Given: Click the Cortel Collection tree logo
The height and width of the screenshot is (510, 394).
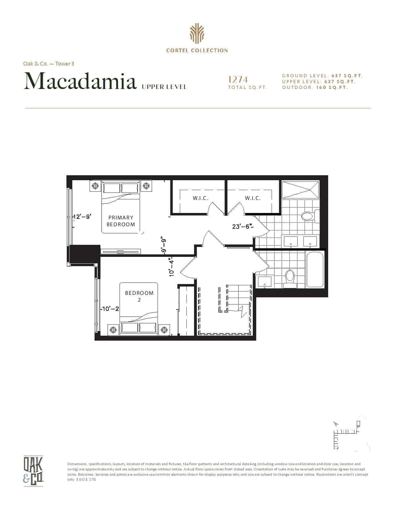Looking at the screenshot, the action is pos(197,34).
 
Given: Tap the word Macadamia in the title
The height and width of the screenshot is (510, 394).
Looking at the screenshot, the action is pos(80,81).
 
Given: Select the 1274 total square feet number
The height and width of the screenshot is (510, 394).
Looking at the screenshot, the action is pos(238,80).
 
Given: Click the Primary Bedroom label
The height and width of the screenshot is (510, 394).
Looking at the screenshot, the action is pos(121,221).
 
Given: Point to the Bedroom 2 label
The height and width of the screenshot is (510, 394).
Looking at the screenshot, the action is pos(139,296).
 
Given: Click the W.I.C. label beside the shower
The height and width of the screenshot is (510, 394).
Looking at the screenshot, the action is pos(253,198).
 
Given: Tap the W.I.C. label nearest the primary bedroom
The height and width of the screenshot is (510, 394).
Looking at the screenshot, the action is pos(201,198).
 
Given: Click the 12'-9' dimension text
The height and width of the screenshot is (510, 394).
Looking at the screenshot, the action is pos(82,216).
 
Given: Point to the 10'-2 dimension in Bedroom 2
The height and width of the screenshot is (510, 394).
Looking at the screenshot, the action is pos(110,309).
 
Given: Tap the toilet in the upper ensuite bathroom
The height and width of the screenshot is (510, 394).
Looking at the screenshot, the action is pos(310,216).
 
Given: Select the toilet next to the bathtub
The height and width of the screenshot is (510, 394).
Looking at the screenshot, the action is pos(290,278).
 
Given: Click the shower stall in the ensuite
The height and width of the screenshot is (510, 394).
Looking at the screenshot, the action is pos(300,189).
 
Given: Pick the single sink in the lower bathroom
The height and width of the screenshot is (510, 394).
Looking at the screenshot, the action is pos(265,281).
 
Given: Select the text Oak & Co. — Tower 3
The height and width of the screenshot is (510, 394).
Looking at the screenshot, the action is pos(49,63).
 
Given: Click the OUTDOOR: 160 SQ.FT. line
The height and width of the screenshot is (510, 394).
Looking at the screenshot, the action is pos(315,87).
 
